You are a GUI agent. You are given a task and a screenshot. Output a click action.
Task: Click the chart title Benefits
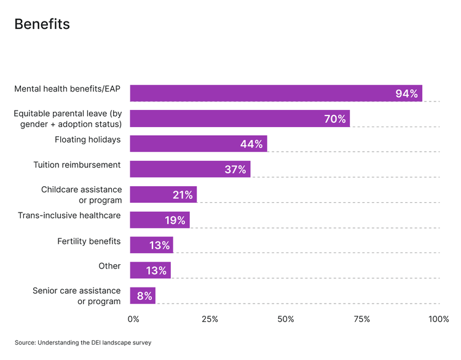(x=42, y=24)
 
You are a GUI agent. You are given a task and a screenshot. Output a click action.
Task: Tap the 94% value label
(x=407, y=93)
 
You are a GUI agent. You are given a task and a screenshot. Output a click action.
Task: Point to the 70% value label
(x=335, y=119)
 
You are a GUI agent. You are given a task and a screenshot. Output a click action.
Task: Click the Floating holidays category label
(x=88, y=139)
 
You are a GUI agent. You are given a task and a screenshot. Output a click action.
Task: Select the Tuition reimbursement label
(x=77, y=165)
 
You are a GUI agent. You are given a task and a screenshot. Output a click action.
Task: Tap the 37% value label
(x=235, y=170)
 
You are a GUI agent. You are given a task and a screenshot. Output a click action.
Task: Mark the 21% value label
(x=183, y=195)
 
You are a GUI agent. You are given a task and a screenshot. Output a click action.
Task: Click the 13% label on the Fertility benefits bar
(x=159, y=245)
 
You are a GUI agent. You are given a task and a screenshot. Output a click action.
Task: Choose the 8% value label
(x=144, y=295)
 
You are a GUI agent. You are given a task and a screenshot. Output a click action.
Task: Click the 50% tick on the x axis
(x=286, y=319)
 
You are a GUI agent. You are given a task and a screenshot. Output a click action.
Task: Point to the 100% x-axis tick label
(x=439, y=319)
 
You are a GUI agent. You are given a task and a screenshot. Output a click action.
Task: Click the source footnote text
(x=83, y=343)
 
